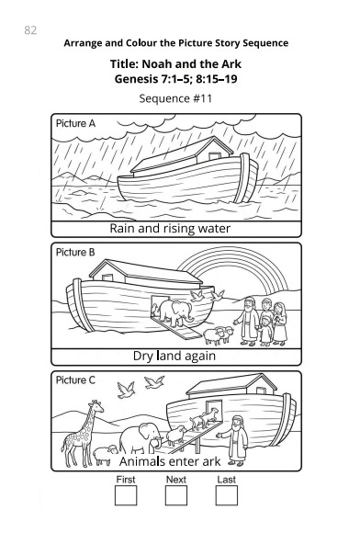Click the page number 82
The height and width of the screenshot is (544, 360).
tap(30, 30)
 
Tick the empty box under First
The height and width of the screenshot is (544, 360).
tap(126, 495)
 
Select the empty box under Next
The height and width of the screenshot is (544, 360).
tap(176, 495)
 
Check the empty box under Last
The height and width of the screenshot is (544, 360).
tap(227, 495)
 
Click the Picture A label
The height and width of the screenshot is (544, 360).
tap(75, 123)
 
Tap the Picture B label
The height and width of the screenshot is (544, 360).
tap(75, 252)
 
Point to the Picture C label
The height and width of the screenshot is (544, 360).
tap(75, 380)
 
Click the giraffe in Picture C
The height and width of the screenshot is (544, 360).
tap(83, 433)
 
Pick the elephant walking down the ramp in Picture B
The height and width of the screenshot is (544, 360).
tap(175, 312)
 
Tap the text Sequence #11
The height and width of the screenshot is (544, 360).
tap(175, 98)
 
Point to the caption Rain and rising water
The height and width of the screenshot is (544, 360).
tap(170, 229)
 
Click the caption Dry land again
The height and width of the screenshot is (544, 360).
tap(174, 356)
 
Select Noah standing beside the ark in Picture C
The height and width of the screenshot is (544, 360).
tap(235, 440)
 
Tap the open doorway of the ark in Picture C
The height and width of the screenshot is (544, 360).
tap(214, 410)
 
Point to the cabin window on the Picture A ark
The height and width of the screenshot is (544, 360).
tap(214, 155)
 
